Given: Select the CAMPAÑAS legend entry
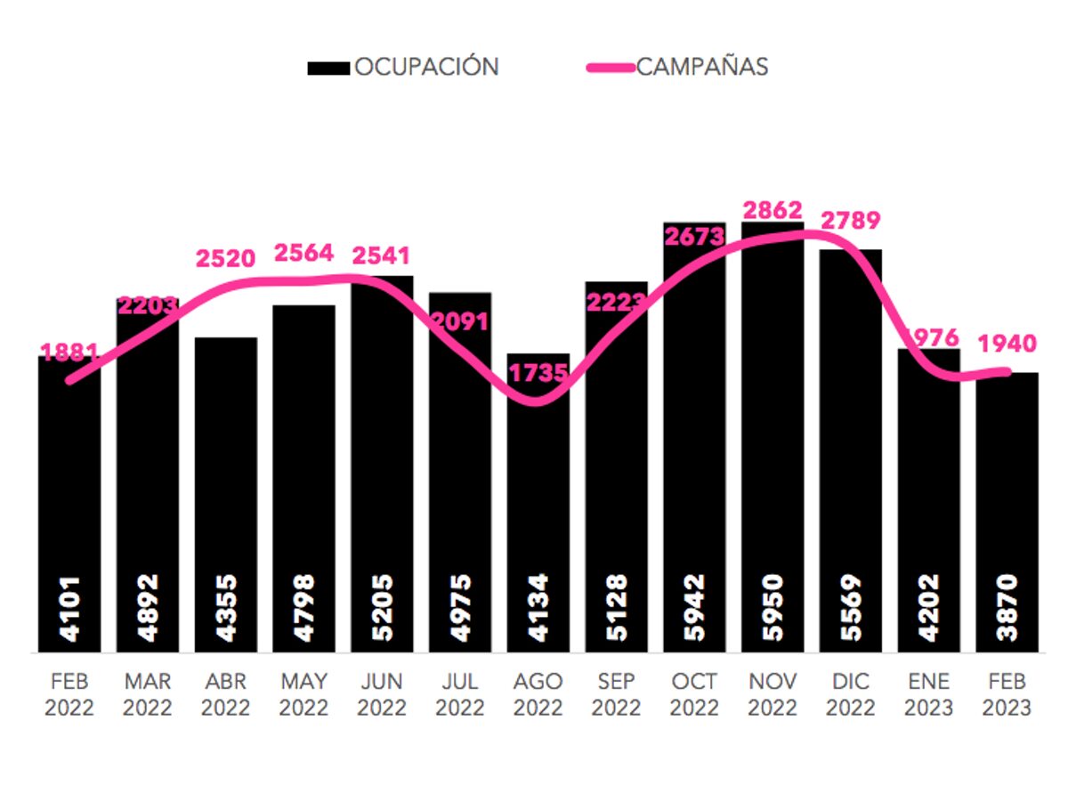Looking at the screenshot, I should pos(676,67).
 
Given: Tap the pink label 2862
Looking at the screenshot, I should pos(773,211).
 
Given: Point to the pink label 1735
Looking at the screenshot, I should pos(538,372).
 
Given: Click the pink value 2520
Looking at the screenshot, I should pos(225,259).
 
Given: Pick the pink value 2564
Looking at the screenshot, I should pos(303,253).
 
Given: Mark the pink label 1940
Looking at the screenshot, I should pos(1007,343).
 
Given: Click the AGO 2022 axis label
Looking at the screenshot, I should pos(538,694).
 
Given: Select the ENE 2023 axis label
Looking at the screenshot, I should pos(929,694).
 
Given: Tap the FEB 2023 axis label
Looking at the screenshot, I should pos(1007,694).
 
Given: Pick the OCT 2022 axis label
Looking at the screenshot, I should pos(694,694).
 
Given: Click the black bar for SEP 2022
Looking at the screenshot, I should pos(617,463).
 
